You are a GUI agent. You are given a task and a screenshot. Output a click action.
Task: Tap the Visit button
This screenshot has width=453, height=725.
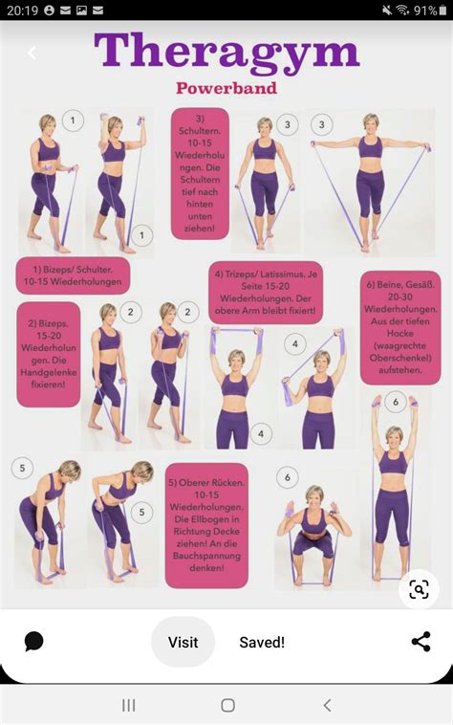pos(183,643)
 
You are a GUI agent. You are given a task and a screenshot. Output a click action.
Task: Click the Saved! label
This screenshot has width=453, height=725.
pos(262,643)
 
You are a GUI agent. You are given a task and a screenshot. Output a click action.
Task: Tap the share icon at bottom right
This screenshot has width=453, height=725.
pos(421,642)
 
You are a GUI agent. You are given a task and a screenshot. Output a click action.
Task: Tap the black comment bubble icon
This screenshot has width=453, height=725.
pos(34,642)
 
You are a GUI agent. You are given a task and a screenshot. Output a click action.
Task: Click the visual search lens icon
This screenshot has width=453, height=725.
pos(419,589)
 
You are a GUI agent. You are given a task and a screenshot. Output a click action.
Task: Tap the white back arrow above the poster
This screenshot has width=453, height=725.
pos(32,54)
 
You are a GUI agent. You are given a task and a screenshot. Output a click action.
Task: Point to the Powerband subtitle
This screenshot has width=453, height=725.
pos(226,88)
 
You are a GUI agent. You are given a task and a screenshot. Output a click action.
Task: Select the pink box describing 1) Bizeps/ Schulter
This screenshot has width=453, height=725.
pos(73,276)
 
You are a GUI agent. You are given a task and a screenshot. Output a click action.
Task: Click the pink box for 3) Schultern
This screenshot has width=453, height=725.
pos(201,173)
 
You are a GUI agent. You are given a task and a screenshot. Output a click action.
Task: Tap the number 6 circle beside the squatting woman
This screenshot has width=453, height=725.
pos(287,476)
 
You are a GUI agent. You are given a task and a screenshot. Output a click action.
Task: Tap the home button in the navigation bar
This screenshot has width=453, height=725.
pos(227,705)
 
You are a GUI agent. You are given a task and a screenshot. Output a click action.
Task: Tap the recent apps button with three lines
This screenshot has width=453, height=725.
pos(128,705)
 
